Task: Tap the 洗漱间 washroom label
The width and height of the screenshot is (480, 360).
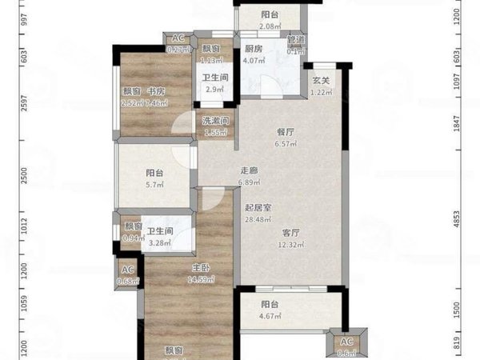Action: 215,121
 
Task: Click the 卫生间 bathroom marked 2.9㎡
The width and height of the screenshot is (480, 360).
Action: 213,78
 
